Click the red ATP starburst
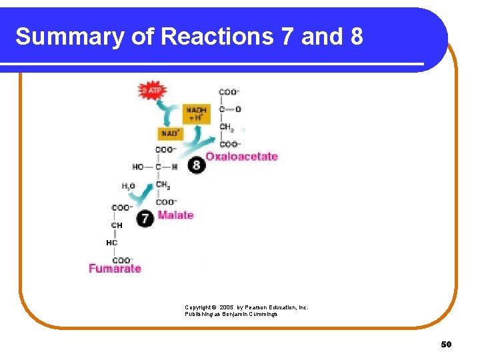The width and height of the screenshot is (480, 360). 152,90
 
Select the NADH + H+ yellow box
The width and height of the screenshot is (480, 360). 197,113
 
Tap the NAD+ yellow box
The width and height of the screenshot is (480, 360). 170,133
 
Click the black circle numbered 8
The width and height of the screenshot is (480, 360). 196,165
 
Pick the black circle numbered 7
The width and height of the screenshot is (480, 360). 145,217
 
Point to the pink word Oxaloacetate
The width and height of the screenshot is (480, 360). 241,157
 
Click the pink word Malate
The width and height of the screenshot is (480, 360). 175,215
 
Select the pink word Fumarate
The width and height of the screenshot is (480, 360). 115,269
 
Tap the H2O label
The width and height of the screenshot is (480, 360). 129,186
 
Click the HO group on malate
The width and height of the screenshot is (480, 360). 138,167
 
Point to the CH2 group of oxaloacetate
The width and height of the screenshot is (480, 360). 227,127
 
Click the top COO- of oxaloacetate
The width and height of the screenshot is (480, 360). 229,92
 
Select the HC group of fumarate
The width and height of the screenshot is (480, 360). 112,243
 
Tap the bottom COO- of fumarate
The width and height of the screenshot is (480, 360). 123,260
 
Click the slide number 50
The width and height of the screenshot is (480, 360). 446,344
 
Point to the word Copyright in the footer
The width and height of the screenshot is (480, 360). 199,307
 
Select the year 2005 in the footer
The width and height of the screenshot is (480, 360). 227,307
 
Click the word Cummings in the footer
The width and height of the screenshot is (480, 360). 262,313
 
